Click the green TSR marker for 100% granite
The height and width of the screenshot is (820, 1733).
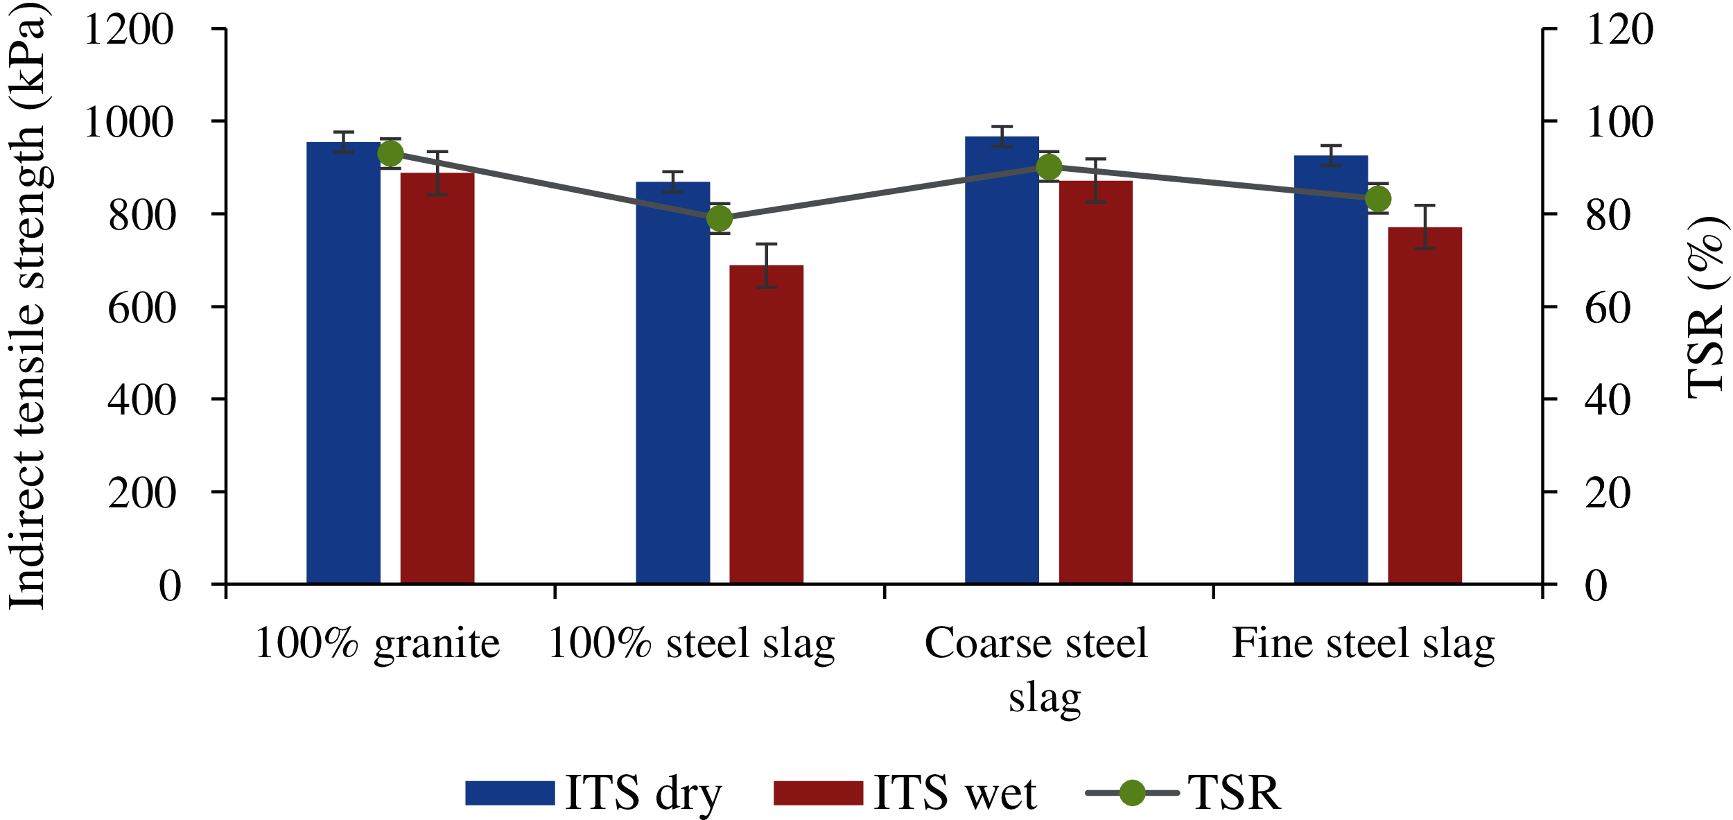(x=390, y=154)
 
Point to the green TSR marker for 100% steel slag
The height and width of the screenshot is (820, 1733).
(x=720, y=219)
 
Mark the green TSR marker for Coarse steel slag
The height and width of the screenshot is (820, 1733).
(x=1049, y=167)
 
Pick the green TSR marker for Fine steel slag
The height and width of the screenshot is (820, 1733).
(x=1378, y=200)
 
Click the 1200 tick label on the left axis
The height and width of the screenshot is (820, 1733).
(x=129, y=30)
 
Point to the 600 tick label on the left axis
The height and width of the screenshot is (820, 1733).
(x=142, y=308)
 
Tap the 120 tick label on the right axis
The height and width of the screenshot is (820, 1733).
(x=1619, y=30)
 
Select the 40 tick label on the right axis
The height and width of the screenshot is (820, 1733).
(x=1608, y=401)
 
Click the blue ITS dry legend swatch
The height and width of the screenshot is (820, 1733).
(x=510, y=793)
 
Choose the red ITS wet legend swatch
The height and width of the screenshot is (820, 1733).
(x=818, y=793)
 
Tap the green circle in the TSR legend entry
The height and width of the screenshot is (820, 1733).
(x=1132, y=793)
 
